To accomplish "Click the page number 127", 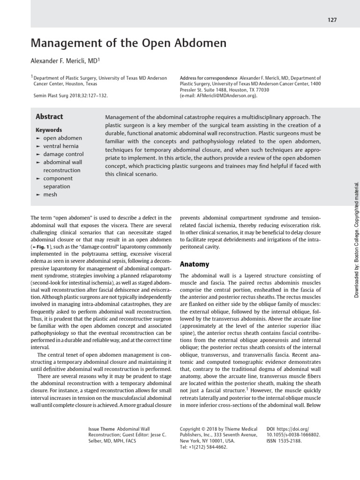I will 332,20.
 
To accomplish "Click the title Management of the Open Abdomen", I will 128,44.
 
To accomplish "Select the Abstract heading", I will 49,117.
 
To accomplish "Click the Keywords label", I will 49,130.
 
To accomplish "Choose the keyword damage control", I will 63,154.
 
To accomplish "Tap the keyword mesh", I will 50,194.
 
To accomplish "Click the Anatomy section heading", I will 195,264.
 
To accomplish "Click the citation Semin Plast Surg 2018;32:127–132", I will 70,95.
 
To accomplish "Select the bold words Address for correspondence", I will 208,78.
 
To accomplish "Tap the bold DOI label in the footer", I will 270,428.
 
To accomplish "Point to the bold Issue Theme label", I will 101,428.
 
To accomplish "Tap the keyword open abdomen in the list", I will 62,138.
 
